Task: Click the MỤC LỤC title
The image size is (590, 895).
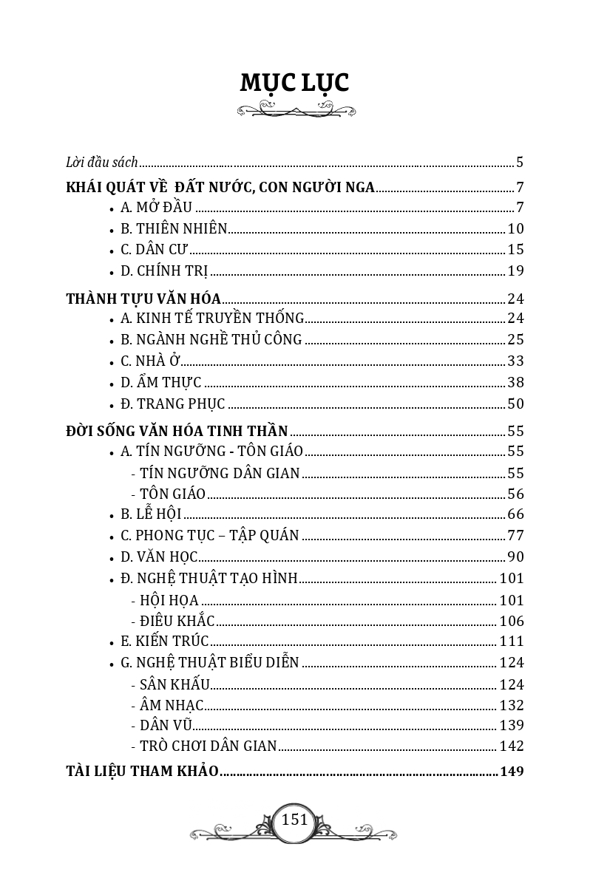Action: tap(294, 83)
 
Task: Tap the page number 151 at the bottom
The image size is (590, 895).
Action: tap(294, 820)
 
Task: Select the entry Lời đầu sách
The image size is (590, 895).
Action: tap(102, 162)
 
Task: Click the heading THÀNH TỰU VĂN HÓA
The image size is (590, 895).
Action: tap(143, 299)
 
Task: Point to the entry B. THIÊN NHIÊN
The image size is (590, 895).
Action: tap(174, 228)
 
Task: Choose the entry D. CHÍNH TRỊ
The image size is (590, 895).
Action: tap(164, 270)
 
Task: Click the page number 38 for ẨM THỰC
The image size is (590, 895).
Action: tap(515, 382)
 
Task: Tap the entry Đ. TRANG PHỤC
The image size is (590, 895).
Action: tap(173, 404)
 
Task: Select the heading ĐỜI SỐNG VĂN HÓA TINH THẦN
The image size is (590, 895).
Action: tap(177, 431)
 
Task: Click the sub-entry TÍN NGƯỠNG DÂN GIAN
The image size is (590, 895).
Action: tap(220, 473)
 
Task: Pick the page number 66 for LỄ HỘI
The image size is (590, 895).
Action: tap(515, 514)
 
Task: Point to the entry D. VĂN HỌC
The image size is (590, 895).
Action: tap(159, 557)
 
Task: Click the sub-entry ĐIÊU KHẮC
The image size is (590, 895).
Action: tap(177, 621)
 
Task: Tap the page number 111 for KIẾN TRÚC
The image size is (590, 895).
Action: tap(512, 642)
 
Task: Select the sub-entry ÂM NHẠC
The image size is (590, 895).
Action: tap(172, 705)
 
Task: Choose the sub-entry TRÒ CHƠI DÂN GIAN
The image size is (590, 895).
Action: tap(208, 746)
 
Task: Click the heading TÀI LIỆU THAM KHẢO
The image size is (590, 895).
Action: tap(142, 771)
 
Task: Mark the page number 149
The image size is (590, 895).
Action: tap(512, 771)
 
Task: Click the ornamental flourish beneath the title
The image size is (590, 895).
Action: tap(296, 111)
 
